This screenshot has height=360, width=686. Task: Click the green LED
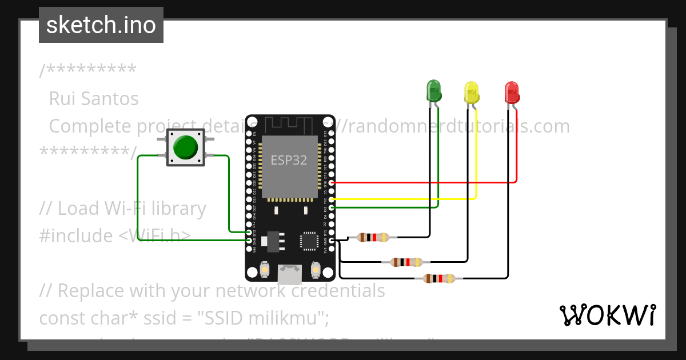pos(434,91)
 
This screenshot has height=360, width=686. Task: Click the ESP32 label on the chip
pos(289,161)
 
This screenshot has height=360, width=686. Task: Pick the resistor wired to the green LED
pos(373,237)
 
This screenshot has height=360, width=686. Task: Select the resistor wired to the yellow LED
pos(406,262)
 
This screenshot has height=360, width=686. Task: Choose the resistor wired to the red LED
pos(439,279)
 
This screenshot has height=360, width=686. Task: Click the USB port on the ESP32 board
pos(289,275)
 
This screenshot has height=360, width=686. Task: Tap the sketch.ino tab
pos(101,25)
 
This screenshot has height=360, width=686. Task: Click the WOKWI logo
pos(607,315)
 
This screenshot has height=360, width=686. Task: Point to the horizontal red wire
pos(423,183)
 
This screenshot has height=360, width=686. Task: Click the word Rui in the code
pos(61,99)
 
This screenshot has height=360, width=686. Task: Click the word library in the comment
pos(175,209)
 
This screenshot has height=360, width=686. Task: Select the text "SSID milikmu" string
pos(266,318)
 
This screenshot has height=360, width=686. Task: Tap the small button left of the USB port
pos(265,269)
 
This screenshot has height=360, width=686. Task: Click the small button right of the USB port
pos(314,269)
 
